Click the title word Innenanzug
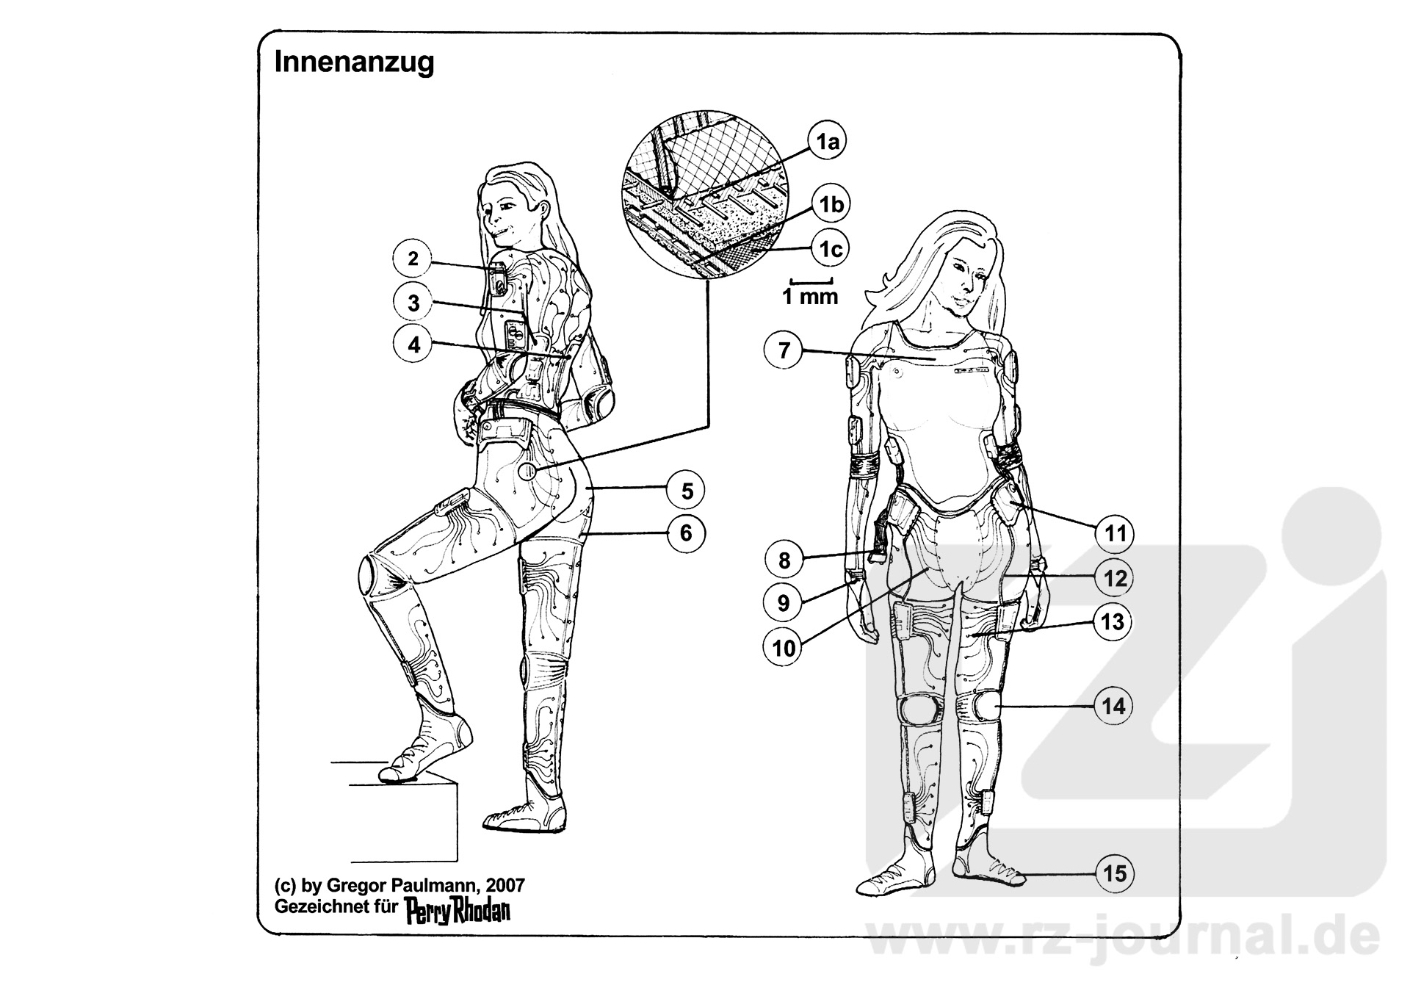click(354, 62)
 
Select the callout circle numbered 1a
click(828, 142)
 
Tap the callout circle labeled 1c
click(831, 250)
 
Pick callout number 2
click(413, 259)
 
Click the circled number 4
click(414, 344)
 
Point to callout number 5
click(687, 491)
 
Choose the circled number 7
click(784, 350)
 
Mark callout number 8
click(784, 561)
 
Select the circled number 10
click(784, 648)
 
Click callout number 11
click(1115, 533)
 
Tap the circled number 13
click(1113, 622)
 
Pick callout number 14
click(1113, 706)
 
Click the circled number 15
click(1115, 873)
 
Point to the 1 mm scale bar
click(811, 280)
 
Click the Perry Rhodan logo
click(458, 910)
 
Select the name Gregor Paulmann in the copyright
click(394, 884)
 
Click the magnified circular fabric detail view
click(704, 198)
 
